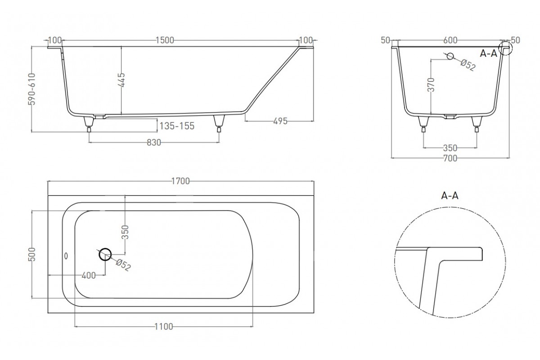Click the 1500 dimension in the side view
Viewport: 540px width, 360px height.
point(165,40)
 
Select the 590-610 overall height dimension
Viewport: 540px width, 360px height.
point(32,89)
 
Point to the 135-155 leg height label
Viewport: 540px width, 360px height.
point(177,126)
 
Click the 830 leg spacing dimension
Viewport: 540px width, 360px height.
point(154,143)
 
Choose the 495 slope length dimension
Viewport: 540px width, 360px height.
point(280,121)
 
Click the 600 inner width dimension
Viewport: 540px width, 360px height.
point(450,40)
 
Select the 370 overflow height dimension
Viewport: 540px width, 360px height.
point(431,85)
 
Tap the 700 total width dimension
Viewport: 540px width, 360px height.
point(450,158)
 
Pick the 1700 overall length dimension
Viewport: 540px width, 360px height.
point(180,181)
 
